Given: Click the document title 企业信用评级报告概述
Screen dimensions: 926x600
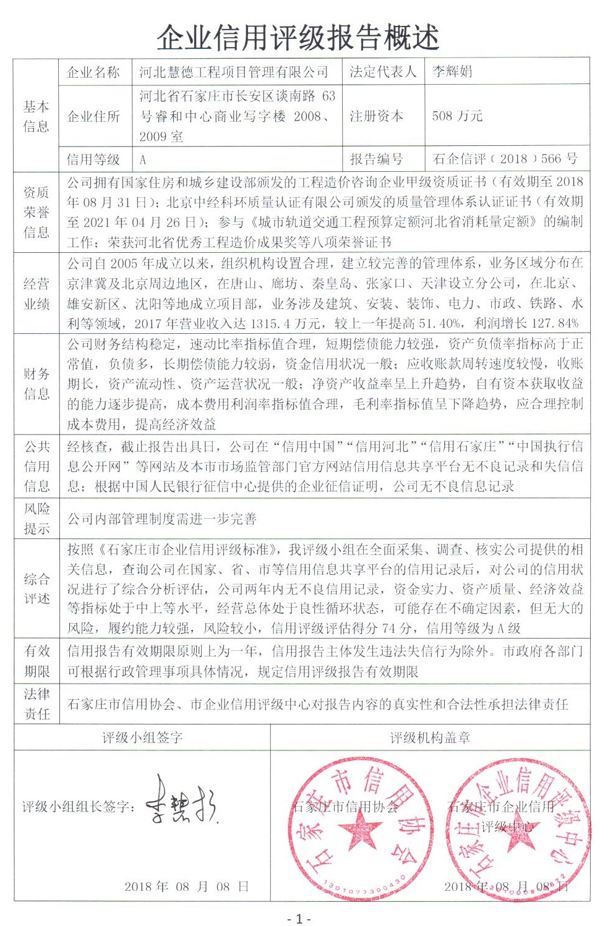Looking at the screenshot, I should pyautogui.click(x=298, y=38).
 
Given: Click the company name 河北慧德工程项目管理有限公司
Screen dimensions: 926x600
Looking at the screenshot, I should pyautogui.click(x=234, y=72).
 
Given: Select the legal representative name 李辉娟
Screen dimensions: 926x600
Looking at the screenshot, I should pyautogui.click(x=452, y=72).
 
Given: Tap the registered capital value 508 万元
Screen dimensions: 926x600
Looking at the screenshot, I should pyautogui.click(x=457, y=116).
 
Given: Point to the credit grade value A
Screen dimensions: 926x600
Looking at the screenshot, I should pyautogui.click(x=143, y=159).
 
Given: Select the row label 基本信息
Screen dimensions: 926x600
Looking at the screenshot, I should pyautogui.click(x=36, y=116).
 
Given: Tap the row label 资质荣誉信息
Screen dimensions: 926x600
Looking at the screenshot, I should pyautogui.click(x=36, y=212).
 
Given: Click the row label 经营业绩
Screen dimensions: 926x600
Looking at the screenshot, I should pyautogui.click(x=36, y=294).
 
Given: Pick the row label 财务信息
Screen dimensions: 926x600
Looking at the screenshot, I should pyautogui.click(x=36, y=384).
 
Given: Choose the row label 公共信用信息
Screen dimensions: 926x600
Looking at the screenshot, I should pyautogui.click(x=36, y=466).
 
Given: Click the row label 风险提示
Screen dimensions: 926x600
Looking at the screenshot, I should pyautogui.click(x=36, y=519).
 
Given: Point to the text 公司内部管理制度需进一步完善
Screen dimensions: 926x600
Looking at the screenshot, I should pyautogui.click(x=162, y=519).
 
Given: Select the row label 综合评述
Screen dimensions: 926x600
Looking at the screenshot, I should pyautogui.click(x=36, y=588).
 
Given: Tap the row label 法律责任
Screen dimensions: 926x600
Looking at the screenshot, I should pyautogui.click(x=36, y=704).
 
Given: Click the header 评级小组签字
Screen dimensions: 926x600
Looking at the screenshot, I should pyautogui.click(x=142, y=737).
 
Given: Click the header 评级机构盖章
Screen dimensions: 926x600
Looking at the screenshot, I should pyautogui.click(x=430, y=737).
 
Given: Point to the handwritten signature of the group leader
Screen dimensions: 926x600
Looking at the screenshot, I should pyautogui.click(x=182, y=804).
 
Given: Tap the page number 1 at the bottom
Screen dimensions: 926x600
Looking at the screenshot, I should pyautogui.click(x=299, y=919).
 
